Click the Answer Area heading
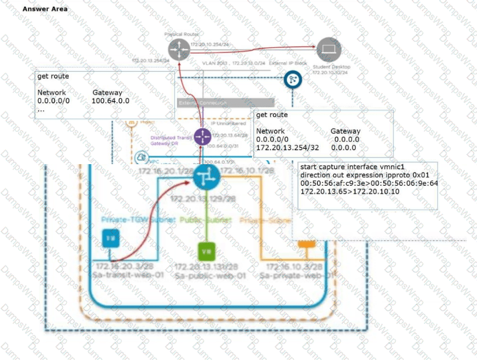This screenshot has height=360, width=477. coord(45,9)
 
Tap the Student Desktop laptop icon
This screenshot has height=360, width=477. coord(329,49)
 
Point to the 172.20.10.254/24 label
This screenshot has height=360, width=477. coord(208,44)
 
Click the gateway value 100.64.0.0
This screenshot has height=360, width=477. coord(110,101)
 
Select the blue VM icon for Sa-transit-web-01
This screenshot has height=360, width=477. coord(110,238)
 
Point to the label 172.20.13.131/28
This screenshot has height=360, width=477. coord(206,267)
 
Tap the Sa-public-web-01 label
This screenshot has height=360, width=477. coord(211,276)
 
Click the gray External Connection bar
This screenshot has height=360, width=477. coord(226,103)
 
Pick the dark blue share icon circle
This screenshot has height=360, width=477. coord(291,80)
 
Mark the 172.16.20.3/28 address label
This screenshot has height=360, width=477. coord(116,266)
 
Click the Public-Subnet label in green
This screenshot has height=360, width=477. coord(206,220)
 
